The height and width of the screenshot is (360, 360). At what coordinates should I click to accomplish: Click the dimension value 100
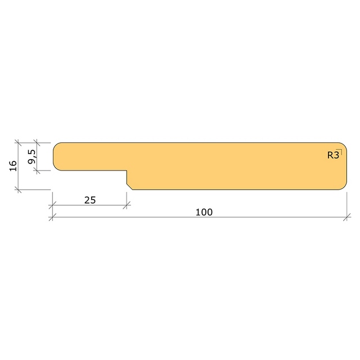[204, 212]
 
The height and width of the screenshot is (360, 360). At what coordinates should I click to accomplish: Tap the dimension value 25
[90, 200]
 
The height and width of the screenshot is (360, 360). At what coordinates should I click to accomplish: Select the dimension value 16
[13, 166]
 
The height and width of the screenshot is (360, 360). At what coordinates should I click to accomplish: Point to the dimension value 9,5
[31, 157]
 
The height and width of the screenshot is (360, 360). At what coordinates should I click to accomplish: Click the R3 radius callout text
[333, 155]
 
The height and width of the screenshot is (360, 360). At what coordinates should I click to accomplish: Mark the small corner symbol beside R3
[340, 151]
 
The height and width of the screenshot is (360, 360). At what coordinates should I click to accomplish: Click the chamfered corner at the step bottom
[129, 187]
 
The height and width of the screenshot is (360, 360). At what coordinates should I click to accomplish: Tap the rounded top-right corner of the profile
[344, 146]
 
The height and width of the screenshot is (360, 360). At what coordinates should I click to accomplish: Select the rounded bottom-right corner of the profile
[344, 187]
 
